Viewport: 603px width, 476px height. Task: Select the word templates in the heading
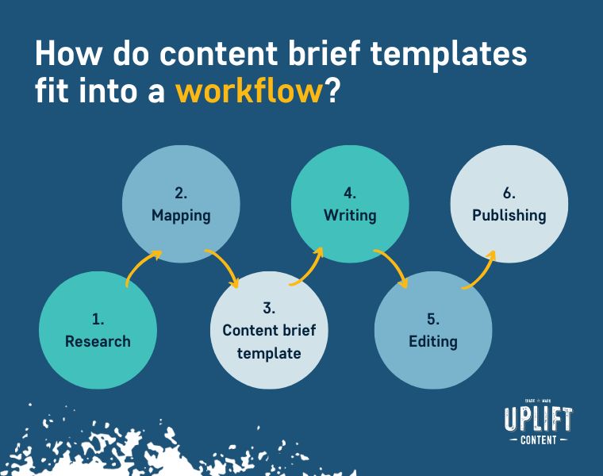(x=448, y=54)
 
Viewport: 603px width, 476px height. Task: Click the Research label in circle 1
(x=98, y=341)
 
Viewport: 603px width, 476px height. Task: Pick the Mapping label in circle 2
(x=181, y=216)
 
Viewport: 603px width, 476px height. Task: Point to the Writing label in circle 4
(x=350, y=216)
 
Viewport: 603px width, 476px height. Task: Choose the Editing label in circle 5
(x=433, y=342)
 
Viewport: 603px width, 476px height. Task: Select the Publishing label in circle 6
(x=509, y=216)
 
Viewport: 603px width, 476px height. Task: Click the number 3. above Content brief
(x=269, y=308)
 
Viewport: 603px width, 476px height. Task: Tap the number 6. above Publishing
(x=509, y=193)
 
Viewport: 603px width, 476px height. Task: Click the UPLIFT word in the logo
(x=539, y=419)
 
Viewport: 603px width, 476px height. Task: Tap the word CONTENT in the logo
(x=539, y=440)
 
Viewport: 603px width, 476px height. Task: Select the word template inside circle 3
(x=269, y=354)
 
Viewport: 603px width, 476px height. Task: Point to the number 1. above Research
(x=98, y=319)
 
